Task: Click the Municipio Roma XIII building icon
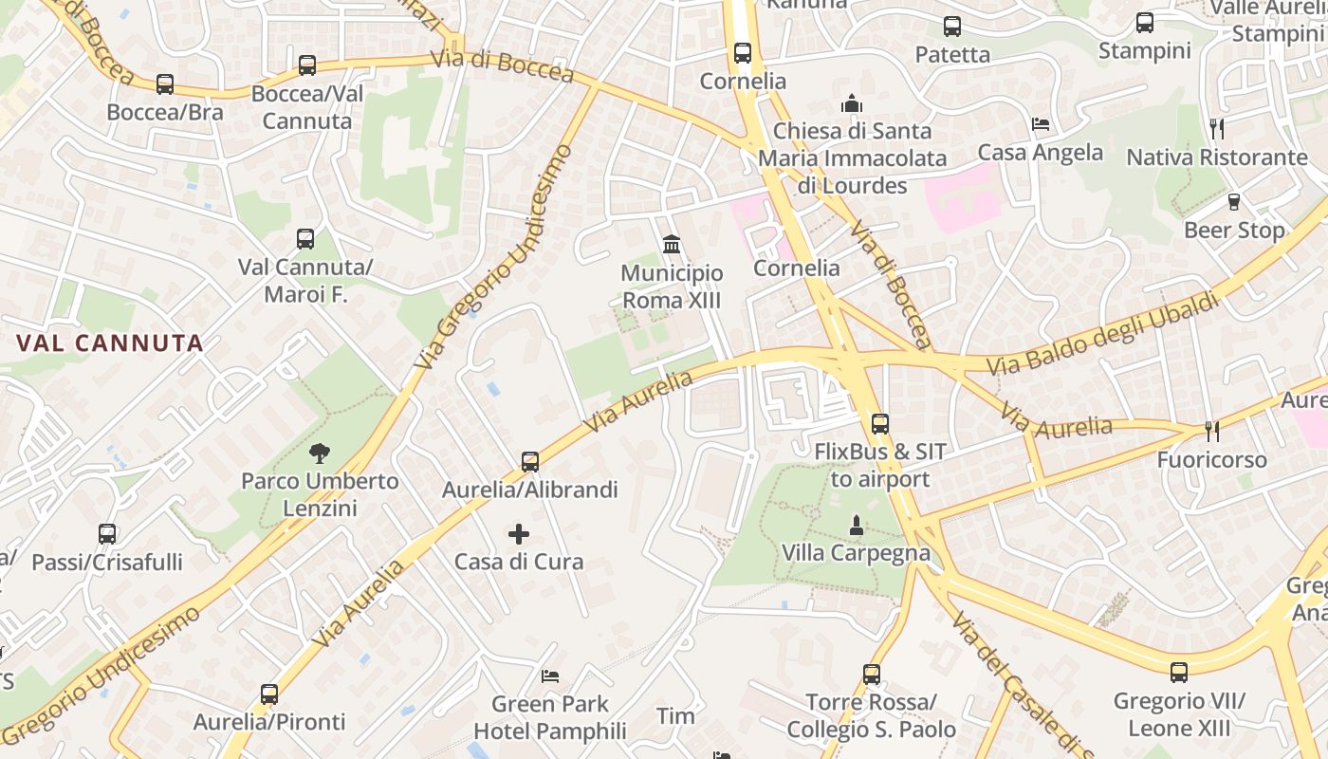point(672,245)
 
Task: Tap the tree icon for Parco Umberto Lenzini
point(320,453)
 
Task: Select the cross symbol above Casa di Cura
point(519,534)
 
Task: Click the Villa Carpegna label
point(856,552)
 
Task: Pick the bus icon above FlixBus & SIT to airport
point(880,423)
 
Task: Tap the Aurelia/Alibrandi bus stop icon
point(530,462)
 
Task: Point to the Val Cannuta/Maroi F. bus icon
point(304,239)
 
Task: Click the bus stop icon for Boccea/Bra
point(165,84)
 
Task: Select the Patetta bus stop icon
point(952,27)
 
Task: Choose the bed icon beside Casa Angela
point(1041,124)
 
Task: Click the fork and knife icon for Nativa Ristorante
point(1217,128)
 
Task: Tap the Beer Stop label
point(1234,231)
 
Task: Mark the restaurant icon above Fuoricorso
point(1211,432)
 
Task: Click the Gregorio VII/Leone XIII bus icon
point(1179,673)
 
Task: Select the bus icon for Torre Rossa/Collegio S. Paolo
point(872,675)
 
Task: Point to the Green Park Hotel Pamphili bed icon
point(550,676)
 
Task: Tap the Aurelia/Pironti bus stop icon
point(269,694)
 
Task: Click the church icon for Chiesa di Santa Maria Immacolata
point(852,102)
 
